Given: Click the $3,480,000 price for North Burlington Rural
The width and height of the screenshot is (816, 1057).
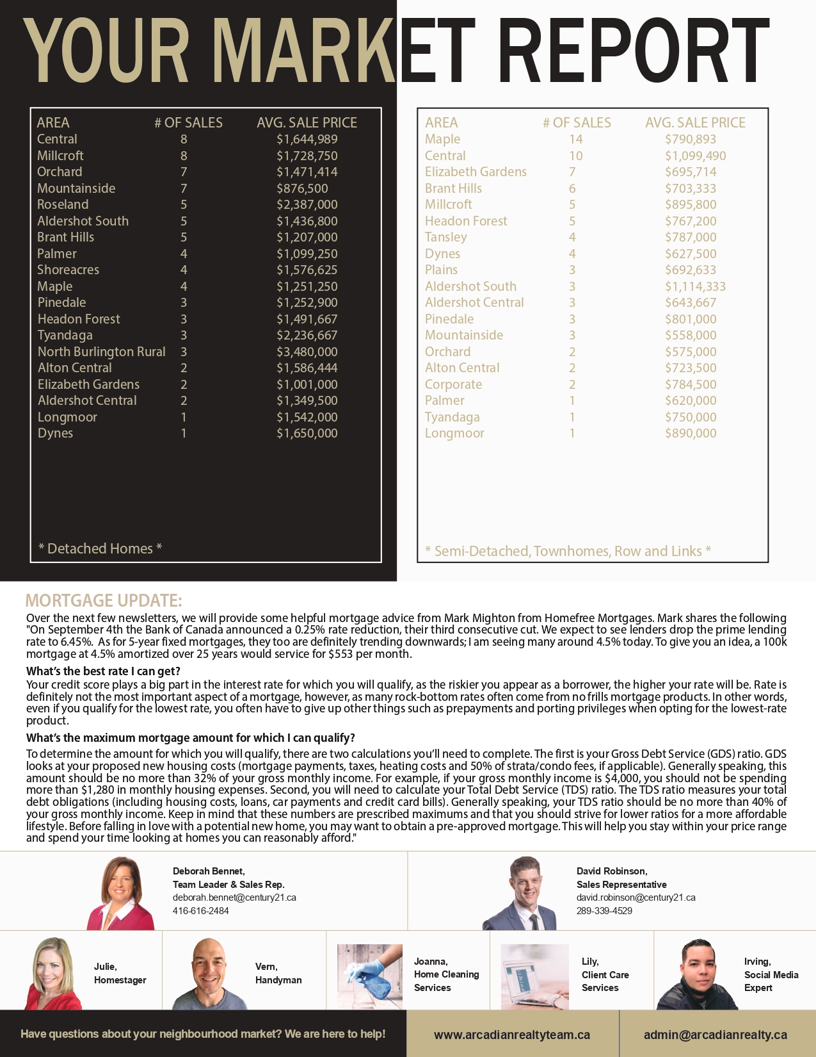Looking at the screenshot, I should [x=307, y=352].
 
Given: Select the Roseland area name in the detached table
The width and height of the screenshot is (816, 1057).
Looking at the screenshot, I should [x=63, y=204].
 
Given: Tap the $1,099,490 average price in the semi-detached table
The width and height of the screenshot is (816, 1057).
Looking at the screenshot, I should [x=695, y=156].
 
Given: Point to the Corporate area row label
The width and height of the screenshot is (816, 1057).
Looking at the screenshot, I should [x=453, y=384].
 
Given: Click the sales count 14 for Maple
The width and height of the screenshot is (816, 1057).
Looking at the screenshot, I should [x=576, y=139].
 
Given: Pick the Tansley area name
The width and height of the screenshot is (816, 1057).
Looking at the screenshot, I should [x=446, y=237].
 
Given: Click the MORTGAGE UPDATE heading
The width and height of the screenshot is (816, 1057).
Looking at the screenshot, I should [x=104, y=600].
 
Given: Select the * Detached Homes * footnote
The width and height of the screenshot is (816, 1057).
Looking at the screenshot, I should [x=100, y=548].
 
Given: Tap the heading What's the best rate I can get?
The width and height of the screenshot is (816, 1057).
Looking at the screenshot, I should [x=103, y=671].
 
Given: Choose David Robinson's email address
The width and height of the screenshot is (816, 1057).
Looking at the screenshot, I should [x=636, y=897].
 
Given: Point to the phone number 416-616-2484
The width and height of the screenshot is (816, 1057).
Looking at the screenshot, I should [x=200, y=910].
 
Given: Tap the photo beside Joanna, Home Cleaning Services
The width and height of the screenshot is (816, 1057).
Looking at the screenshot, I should [x=369, y=976].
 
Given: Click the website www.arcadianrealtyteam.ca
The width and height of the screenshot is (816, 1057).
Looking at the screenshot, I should [x=512, y=1035].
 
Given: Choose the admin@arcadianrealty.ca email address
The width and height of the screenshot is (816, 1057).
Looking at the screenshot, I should [x=716, y=1035].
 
